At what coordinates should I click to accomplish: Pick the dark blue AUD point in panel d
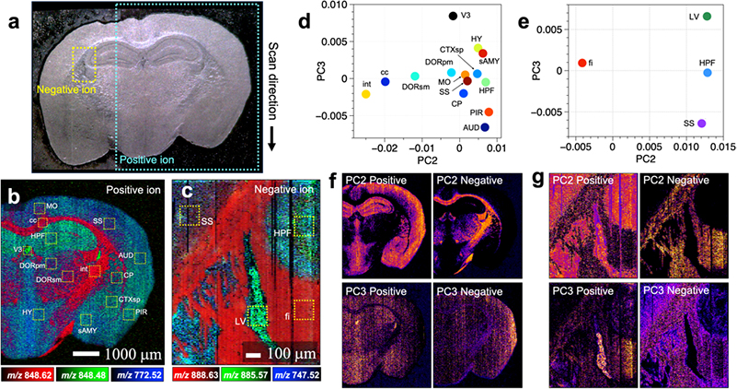coord(485,126)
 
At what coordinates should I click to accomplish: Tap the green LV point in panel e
coord(707,17)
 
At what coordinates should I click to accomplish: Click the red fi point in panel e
coord(582,63)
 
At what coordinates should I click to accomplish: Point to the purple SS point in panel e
coord(702,123)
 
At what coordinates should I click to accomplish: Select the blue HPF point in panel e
coord(708,71)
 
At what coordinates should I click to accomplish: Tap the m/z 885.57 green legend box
coord(260,374)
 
